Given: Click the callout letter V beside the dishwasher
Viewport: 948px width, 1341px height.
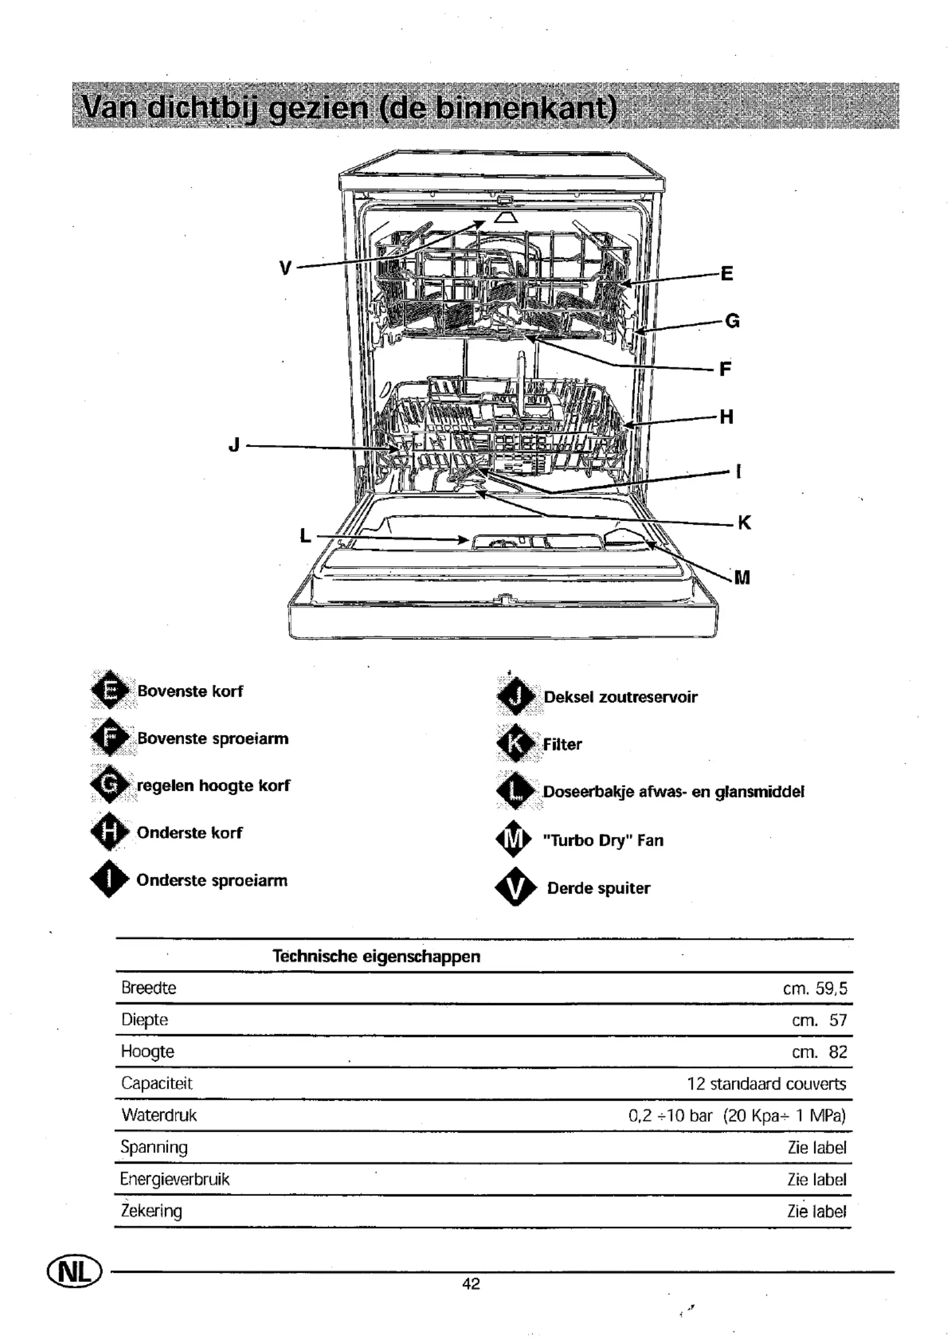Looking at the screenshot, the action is [286, 269].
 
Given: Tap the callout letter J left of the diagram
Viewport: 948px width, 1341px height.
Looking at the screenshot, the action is [234, 444].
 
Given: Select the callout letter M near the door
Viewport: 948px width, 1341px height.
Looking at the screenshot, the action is [742, 577].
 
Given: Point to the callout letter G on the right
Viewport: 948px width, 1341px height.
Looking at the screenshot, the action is [732, 321].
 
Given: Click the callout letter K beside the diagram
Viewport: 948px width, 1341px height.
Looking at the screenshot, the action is [744, 523].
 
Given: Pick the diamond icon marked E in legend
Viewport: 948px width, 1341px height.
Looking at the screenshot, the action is [110, 691].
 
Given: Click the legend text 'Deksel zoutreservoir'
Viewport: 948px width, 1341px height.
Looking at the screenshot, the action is [620, 697].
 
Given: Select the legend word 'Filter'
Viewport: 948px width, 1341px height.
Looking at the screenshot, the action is [562, 744].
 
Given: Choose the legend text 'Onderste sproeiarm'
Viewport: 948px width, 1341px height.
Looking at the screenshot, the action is [212, 880].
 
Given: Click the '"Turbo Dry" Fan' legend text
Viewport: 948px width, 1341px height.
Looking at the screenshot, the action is [603, 840].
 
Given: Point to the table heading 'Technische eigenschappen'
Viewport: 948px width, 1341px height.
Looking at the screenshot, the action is [376, 956].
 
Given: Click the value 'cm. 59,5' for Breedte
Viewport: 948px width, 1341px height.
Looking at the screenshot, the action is [815, 989].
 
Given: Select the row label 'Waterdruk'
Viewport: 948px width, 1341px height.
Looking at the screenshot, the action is [159, 1115].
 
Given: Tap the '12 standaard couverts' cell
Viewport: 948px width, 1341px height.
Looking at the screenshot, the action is [766, 1084].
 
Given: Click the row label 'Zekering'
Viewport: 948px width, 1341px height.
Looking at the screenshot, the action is [151, 1211].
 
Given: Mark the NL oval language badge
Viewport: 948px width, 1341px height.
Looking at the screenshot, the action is [75, 1272].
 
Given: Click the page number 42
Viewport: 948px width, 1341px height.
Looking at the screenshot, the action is [471, 1284].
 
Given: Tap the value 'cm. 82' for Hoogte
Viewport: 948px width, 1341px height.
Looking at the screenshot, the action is [820, 1052].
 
